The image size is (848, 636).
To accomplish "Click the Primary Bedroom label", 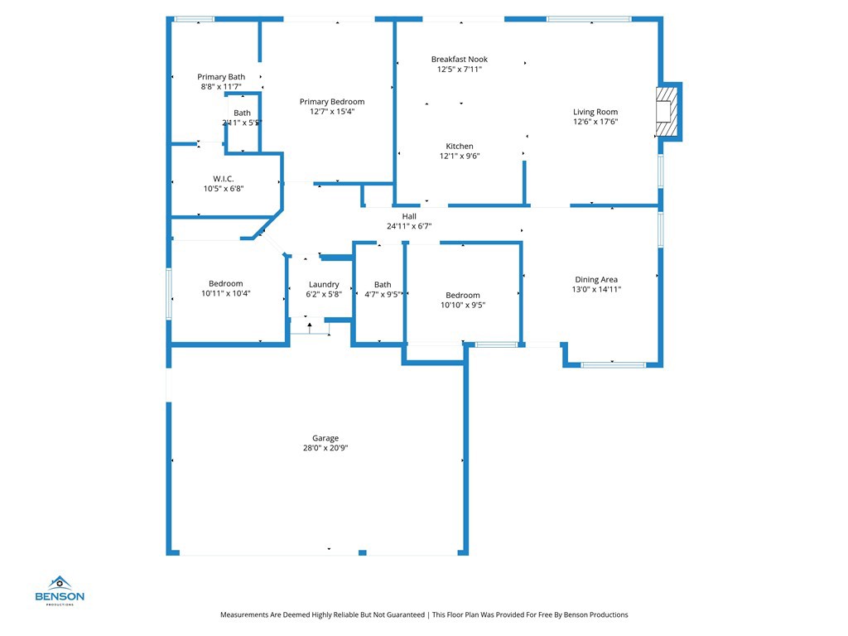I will pos(331,102).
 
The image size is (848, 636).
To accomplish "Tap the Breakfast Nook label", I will pos(459,60).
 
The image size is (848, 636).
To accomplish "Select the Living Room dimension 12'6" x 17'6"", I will pos(595,122).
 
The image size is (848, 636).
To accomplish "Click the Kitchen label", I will pos(460,147).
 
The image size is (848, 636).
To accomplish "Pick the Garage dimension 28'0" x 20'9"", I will pos(325,448).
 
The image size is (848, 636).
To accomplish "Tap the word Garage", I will pos(325,439).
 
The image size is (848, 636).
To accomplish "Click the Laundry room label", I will pos(323,285).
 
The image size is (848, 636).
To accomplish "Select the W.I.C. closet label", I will pos(223,179).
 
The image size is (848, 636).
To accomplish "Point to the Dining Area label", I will pos(596,280).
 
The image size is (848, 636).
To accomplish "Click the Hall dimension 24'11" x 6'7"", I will pos(408,226).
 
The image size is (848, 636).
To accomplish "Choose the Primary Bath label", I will pos(220,77).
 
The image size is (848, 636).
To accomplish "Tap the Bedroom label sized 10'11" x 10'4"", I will pos(225,284).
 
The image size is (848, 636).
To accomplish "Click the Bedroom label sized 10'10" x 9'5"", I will pos(462,296).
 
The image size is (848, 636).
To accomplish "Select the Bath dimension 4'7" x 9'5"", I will pos(383,294).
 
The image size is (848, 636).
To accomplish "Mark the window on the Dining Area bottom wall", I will pos(613,364).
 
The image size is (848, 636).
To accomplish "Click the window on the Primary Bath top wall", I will pos(194,19).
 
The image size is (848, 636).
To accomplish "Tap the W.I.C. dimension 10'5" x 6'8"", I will pos(223,189).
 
